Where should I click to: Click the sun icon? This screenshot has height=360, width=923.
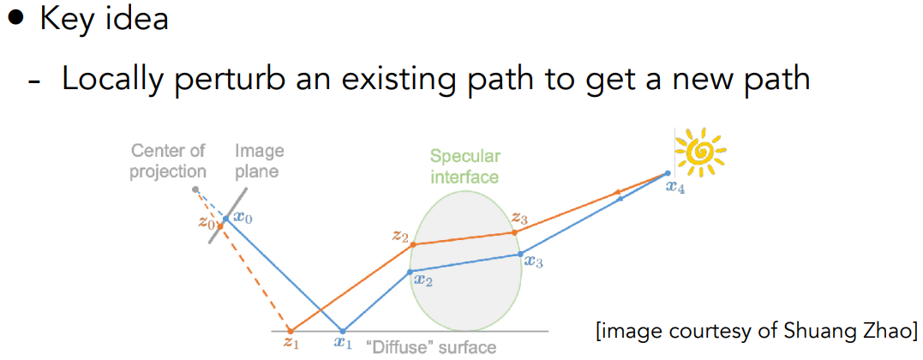pos(700,152)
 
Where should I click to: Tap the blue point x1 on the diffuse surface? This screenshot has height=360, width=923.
pos(343,331)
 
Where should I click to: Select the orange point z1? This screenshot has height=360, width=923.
pos(289,331)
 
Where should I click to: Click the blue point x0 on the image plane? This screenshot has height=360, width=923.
pos(225,219)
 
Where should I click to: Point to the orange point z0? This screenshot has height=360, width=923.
pos(220,225)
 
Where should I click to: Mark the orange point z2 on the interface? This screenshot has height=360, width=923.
pos(412,244)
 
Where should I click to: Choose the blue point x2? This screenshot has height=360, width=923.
pos(411,272)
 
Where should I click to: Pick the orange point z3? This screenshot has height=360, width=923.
pos(514,233)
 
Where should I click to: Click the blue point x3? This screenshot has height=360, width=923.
pos(520,254)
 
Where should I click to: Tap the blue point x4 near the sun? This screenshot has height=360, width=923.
pos(667,173)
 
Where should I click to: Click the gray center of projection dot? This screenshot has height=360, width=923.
pos(195,189)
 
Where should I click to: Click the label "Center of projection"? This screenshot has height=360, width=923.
pos(168,161)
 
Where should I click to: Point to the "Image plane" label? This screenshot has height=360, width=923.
pos(259,161)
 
